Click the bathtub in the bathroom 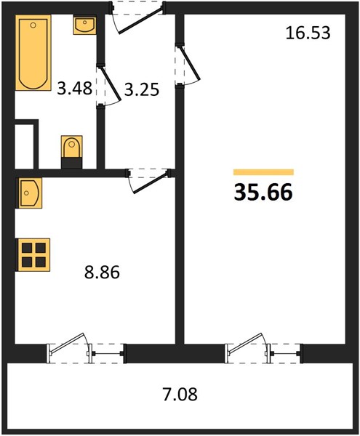(33, 53)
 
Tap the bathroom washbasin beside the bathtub (85, 25)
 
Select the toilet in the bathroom (72, 152)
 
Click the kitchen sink (31, 193)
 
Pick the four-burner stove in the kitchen (33, 255)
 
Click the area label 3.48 (75, 89)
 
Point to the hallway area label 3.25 (142, 89)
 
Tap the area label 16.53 (308, 33)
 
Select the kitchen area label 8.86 (102, 272)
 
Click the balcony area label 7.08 (180, 394)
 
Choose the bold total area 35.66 (263, 192)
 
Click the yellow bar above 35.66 (263, 172)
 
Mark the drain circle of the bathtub (33, 25)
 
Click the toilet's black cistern (72, 163)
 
